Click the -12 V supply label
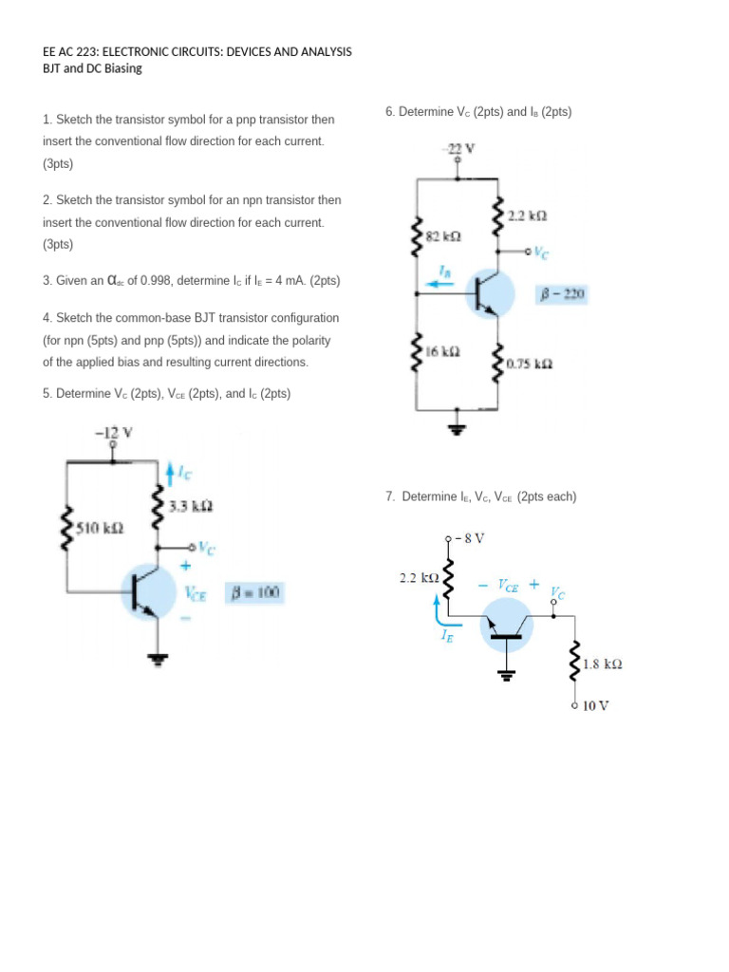coord(114,433)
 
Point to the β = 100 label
coord(254,593)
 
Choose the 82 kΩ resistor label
coord(444,235)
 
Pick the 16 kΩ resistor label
coord(444,351)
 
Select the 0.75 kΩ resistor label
coord(530,364)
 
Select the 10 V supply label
coord(596,706)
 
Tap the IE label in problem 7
coord(447,639)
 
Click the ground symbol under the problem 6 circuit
coord(459,429)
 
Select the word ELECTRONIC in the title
coord(142,51)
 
